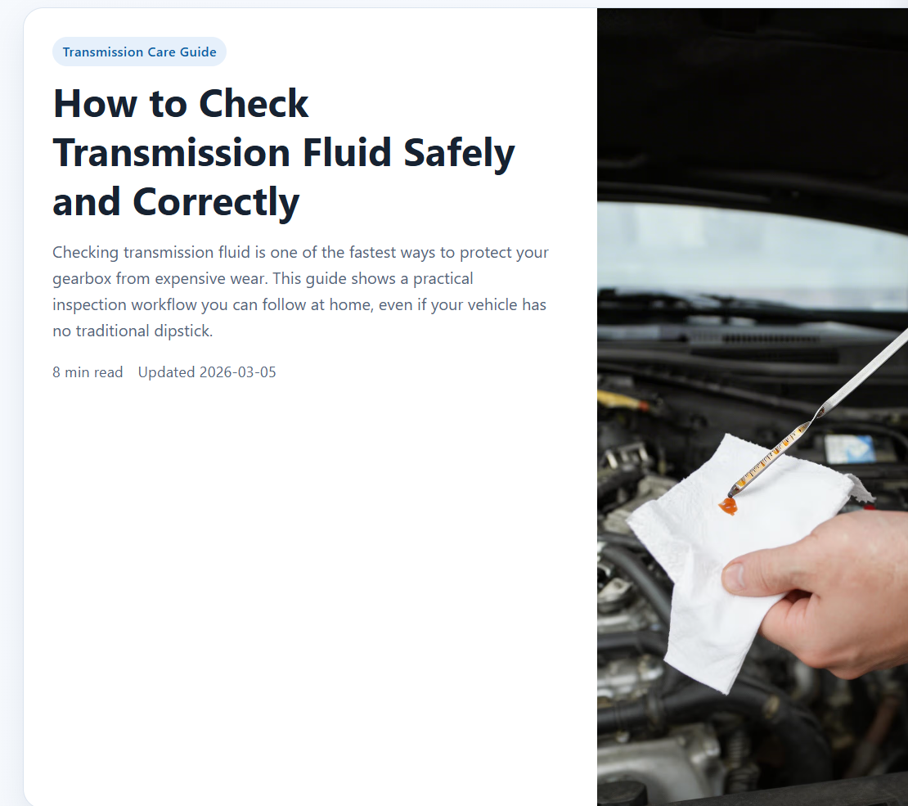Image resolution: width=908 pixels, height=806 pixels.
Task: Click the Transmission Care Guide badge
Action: (139, 52)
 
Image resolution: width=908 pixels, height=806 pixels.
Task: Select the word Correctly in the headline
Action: (216, 203)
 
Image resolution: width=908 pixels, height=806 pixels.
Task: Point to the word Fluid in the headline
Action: (347, 154)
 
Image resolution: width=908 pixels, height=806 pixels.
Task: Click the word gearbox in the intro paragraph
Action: (82, 279)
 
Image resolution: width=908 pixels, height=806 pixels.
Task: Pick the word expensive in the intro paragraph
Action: (196, 279)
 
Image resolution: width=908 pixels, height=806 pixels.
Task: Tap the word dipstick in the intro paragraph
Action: (181, 331)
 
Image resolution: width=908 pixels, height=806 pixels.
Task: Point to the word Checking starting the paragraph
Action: (85, 252)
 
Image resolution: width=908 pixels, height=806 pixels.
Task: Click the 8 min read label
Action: (88, 372)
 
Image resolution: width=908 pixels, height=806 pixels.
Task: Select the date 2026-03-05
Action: (237, 372)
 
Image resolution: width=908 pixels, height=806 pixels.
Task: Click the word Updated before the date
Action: (166, 372)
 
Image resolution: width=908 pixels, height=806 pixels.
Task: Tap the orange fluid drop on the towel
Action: (727, 507)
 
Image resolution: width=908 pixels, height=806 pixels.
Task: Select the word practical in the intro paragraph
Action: (443, 279)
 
